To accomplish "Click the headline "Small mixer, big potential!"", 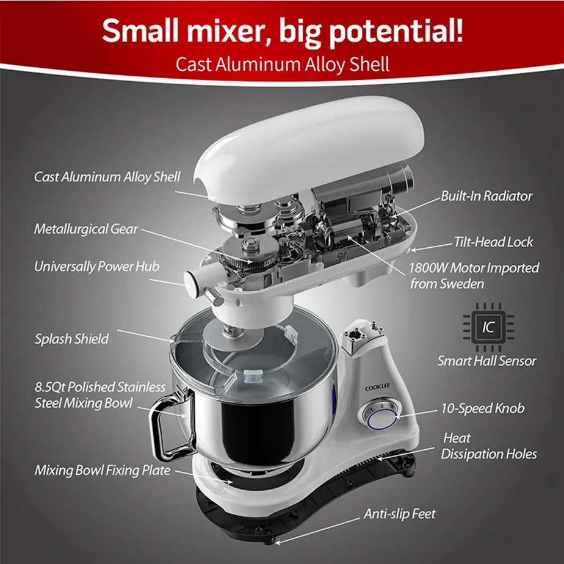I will coord(281,31).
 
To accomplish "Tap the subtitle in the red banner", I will coord(282,64).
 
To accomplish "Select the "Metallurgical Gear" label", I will coord(86,230).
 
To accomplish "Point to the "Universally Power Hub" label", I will coord(96,266).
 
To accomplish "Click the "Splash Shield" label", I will coord(71,339).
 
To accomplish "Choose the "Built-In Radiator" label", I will coord(486,196).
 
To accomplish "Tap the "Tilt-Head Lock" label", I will coord(493,242).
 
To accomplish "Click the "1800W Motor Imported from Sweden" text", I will coord(474,275).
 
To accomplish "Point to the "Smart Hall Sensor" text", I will coord(486,361).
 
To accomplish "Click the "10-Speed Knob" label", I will coord(482,408).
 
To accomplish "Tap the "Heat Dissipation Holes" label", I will coord(489,446).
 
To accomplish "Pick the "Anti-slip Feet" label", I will coord(400,514).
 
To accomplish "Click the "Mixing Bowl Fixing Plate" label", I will coord(103,471).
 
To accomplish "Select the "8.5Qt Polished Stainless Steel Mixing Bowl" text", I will coord(99,395).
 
